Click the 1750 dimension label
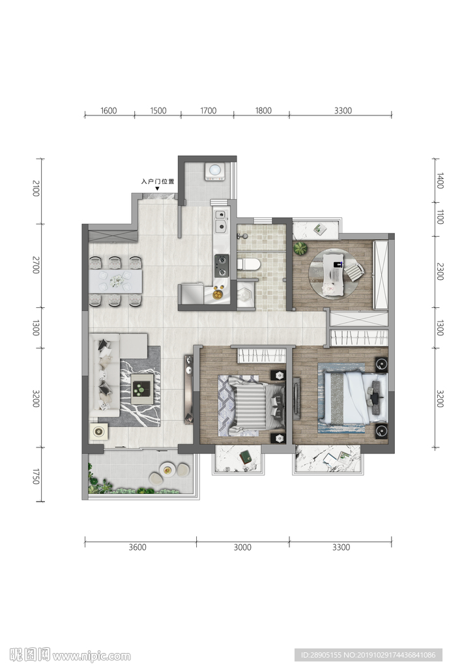(36, 476)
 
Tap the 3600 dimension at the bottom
(138, 547)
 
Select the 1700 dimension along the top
(208, 111)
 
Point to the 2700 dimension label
(36, 265)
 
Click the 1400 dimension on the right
(440, 181)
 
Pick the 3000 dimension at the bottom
(242, 547)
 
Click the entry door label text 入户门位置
(158, 181)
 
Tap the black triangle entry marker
(157, 189)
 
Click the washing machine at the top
(214, 172)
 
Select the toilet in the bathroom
(248, 265)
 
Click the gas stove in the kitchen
(222, 266)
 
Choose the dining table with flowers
(115, 281)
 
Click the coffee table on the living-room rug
(142, 389)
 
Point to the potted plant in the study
(300, 249)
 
